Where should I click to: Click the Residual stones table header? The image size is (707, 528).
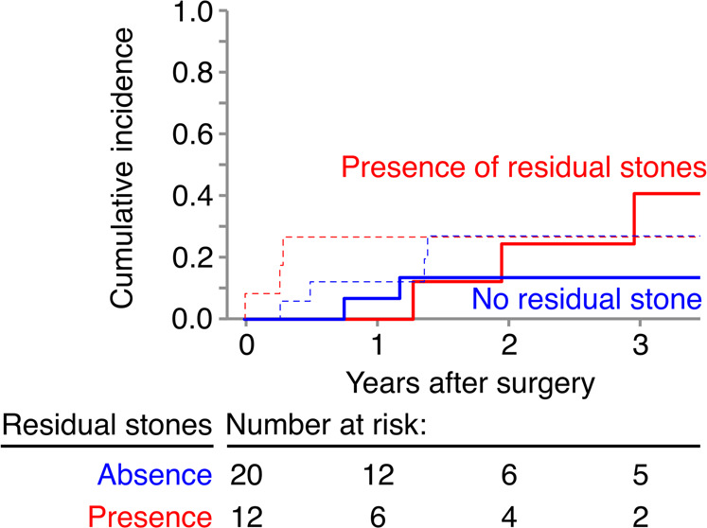[106, 425]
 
